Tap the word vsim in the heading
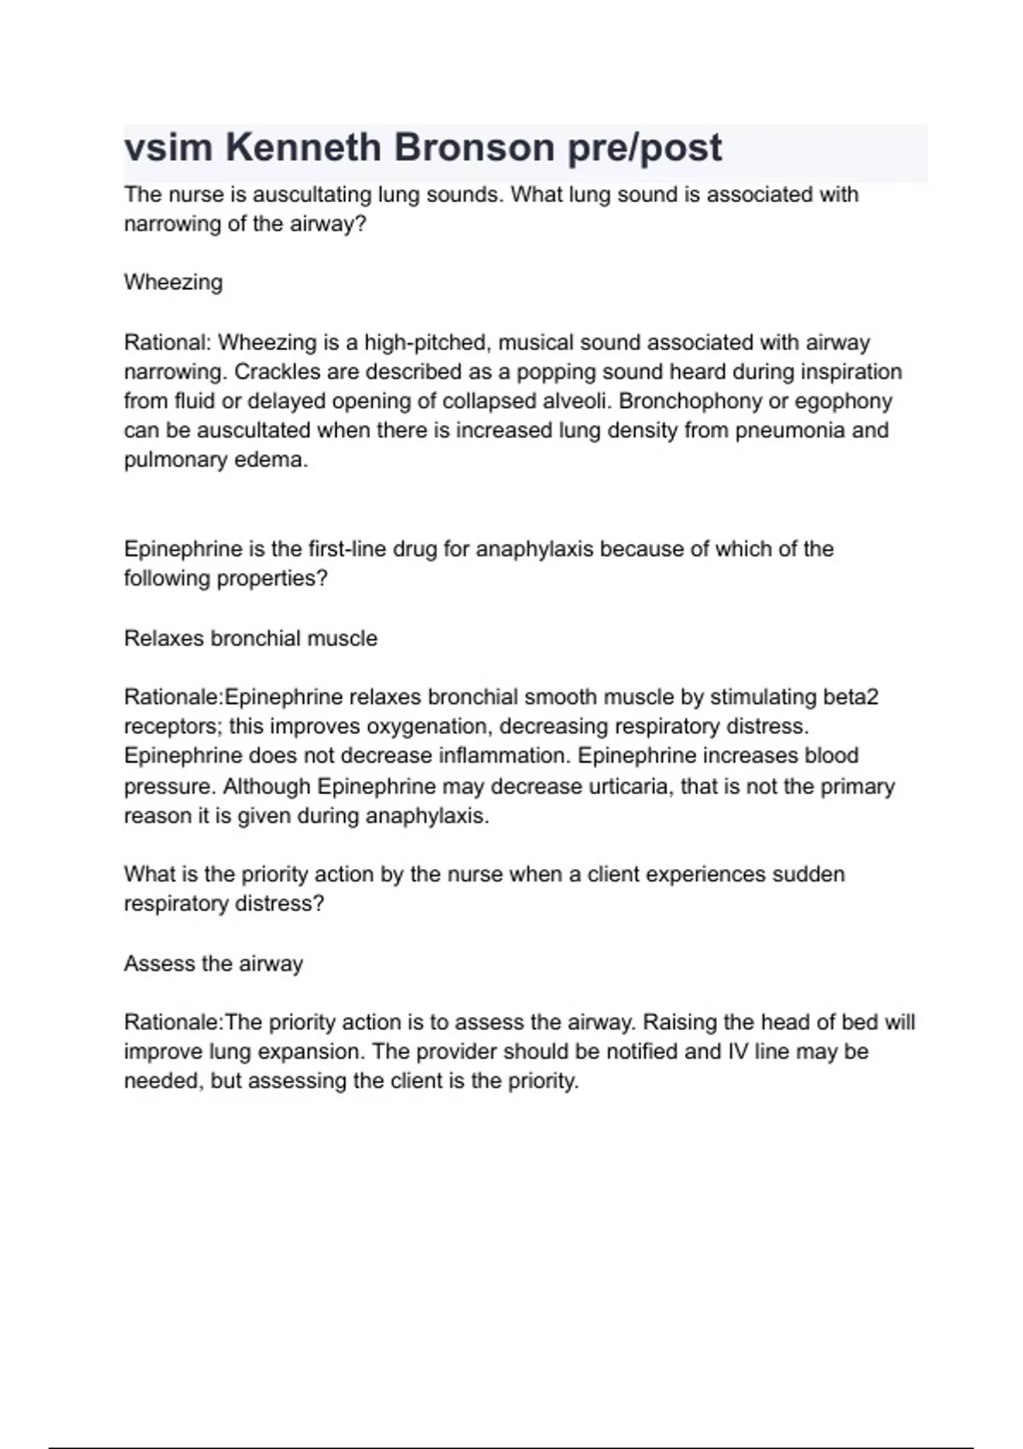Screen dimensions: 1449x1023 click(x=168, y=148)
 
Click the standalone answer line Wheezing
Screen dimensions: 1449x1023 click(x=173, y=282)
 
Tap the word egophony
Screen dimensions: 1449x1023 click(x=845, y=401)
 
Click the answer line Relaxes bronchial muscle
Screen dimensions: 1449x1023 click(x=251, y=638)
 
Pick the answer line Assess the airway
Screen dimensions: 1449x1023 click(x=213, y=964)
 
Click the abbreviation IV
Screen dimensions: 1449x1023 click(x=737, y=1051)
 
